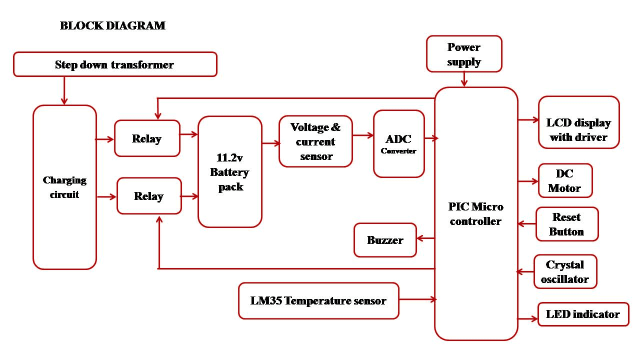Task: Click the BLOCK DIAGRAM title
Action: (x=112, y=25)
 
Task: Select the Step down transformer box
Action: (x=115, y=64)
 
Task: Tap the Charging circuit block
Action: (x=64, y=187)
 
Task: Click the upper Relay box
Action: (x=147, y=138)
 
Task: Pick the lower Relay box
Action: (x=149, y=196)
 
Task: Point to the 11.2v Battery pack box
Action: (x=230, y=172)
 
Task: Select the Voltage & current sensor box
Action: (x=315, y=141)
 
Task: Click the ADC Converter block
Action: (x=398, y=143)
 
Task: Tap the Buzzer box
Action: (x=385, y=240)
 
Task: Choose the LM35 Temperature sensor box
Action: (x=318, y=300)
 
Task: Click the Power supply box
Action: (x=464, y=54)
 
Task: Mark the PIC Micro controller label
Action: (x=475, y=214)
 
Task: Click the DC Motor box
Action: (x=565, y=180)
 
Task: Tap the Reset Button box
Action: (x=566, y=224)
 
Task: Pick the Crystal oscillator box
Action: (x=565, y=271)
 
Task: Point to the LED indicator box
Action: (x=583, y=314)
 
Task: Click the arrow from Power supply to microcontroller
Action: (x=464, y=79)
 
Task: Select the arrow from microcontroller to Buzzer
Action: (x=426, y=238)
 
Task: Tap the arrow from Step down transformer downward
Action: (x=64, y=91)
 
